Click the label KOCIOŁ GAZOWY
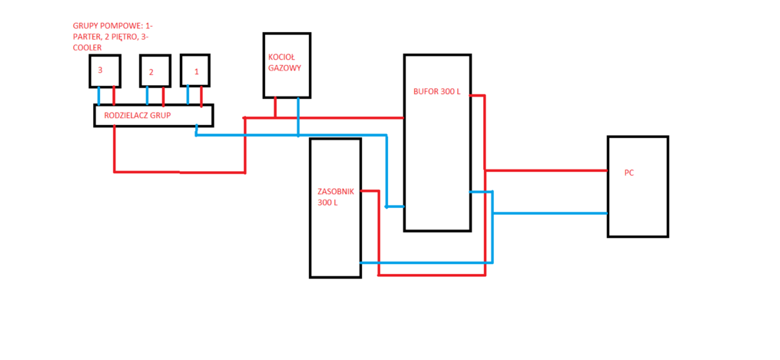[284, 62]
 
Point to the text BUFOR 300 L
[436, 91]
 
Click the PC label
[629, 173]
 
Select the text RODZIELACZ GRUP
[137, 115]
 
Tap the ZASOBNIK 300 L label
[335, 197]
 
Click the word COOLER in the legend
[87, 48]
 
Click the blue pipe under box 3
[99, 96]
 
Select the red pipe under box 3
[114, 96]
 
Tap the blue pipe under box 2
[147, 96]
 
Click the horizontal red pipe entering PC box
[546, 170]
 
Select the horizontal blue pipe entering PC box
[549, 213]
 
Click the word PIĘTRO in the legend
[124, 37]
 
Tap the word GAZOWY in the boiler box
[284, 68]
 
